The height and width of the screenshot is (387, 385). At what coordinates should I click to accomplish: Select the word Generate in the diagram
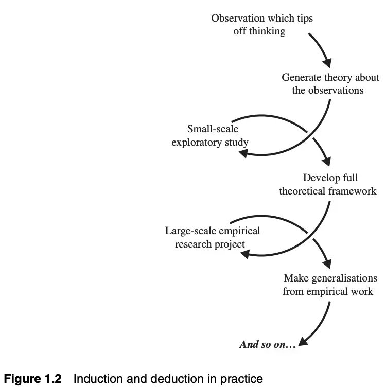(x=301, y=78)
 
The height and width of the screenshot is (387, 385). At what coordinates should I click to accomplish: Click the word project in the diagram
(x=230, y=243)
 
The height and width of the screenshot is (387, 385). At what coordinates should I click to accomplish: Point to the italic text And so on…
(x=268, y=345)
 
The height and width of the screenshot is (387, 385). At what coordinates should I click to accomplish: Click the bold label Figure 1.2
(x=33, y=380)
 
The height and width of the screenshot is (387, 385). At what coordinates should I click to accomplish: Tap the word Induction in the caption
(x=95, y=380)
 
